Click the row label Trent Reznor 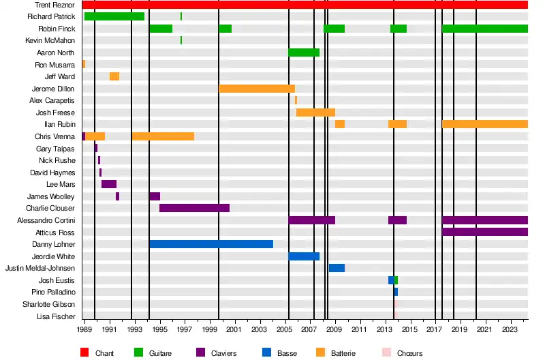tap(55, 5)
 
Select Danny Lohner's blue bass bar tap(211, 244)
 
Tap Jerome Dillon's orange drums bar tap(256, 89)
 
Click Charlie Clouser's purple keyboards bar tap(194, 208)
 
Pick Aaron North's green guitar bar tap(304, 52)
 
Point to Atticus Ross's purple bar tap(484, 232)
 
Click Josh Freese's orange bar tap(315, 112)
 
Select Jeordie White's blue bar tap(304, 256)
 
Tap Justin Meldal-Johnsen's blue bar tap(337, 268)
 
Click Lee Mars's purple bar tap(109, 184)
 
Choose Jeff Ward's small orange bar tap(114, 76)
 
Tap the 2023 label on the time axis tap(510, 330)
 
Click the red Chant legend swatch tap(85, 352)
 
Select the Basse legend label tap(287, 353)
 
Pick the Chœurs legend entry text tap(410, 353)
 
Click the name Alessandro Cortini tap(46, 220)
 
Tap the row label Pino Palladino tap(53, 292)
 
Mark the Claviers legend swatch tap(201, 352)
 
